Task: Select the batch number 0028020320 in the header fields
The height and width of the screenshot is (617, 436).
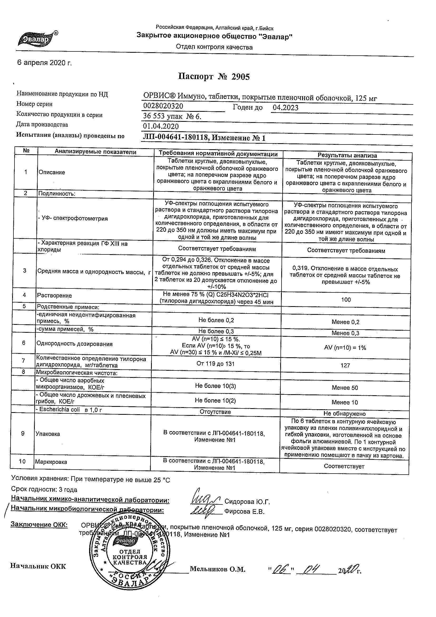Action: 163,106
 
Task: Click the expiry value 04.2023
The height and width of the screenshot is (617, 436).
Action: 285,108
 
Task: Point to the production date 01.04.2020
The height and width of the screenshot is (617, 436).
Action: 161,126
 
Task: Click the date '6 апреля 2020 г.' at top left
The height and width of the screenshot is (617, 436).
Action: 44,63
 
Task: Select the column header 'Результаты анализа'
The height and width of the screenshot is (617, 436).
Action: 347,155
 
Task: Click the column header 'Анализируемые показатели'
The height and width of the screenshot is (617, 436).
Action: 95,152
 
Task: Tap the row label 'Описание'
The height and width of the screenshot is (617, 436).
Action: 52,172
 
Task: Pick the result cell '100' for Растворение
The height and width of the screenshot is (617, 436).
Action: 346,300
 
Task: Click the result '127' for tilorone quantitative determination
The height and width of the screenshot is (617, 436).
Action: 345,365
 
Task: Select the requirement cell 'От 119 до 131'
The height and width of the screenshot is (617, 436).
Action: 215,364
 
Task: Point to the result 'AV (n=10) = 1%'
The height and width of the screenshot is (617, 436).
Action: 345,348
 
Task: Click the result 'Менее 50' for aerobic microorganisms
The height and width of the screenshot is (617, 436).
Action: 345,388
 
